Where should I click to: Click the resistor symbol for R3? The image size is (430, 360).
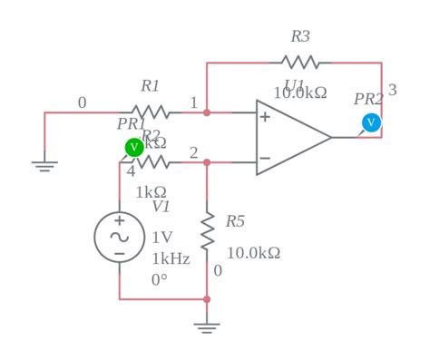(300, 63)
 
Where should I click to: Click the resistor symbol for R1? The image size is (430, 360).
(151, 112)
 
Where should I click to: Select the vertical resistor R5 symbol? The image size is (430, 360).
(207, 230)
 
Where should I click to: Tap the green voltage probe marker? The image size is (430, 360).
(134, 147)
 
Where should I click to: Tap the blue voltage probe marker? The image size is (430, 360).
(371, 122)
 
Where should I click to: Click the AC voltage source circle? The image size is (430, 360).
(119, 237)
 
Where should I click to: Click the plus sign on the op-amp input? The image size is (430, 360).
(265, 117)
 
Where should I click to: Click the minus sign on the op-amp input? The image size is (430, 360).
(265, 158)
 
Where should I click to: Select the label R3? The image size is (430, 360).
(300, 37)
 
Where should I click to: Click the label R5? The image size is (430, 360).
(235, 221)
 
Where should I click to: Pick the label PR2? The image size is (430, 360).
(368, 100)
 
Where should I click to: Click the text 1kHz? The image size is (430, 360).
(171, 258)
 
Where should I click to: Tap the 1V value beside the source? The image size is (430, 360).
(161, 238)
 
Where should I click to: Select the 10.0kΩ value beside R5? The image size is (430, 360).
(253, 253)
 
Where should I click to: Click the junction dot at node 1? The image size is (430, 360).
(207, 112)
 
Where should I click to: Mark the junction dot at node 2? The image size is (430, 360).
(207, 162)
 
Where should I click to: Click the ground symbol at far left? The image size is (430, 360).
(44, 165)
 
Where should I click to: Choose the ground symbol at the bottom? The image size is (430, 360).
(207, 326)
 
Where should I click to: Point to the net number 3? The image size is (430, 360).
(392, 91)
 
